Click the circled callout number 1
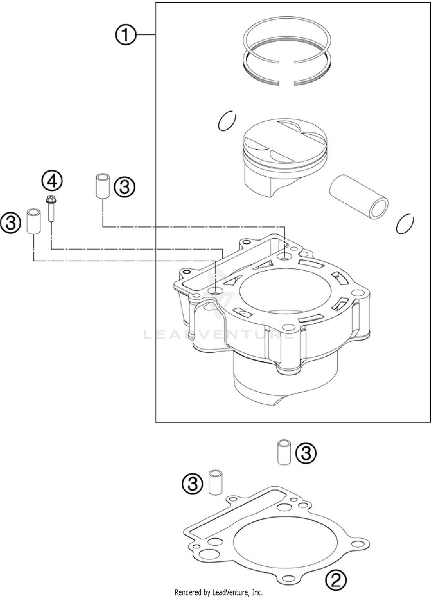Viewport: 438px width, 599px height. (x=125, y=35)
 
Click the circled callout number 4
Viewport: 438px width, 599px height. (x=52, y=181)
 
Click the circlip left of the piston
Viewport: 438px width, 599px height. (x=227, y=121)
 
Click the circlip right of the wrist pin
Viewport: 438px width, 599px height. (x=405, y=224)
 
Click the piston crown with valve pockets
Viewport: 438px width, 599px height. (x=285, y=140)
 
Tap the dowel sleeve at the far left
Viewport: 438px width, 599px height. (x=34, y=221)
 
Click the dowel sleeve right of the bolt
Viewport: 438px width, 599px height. (x=103, y=186)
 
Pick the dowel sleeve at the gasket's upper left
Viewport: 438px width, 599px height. (x=215, y=482)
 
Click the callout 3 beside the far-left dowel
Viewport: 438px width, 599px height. (x=11, y=223)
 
